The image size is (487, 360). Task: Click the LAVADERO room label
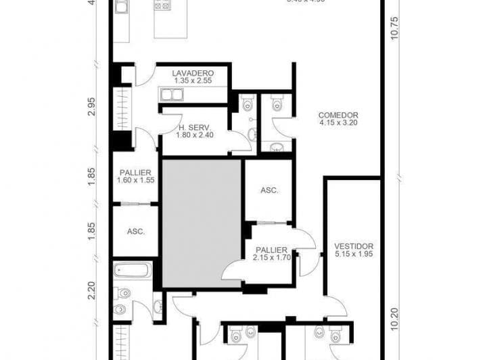pos(193,72)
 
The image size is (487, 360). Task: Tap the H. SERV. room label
pos(194,127)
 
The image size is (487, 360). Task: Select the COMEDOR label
pos(338,116)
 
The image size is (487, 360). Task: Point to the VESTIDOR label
pos(353,246)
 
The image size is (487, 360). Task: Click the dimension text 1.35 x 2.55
pos(193,81)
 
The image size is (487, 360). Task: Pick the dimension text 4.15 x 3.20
pos(338,124)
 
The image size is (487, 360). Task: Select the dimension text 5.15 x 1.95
pos(353,254)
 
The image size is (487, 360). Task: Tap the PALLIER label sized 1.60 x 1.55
pos(135,173)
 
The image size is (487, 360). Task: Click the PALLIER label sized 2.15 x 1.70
pos(271,250)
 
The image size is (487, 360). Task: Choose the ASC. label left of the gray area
pos(135,231)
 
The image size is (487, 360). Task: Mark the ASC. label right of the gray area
pos(269,191)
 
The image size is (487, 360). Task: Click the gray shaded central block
pos(202,223)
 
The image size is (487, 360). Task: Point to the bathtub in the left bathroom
pos(131,271)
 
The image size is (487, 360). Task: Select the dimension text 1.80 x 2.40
pos(194,135)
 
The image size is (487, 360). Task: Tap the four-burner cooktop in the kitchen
pos(162,5)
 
